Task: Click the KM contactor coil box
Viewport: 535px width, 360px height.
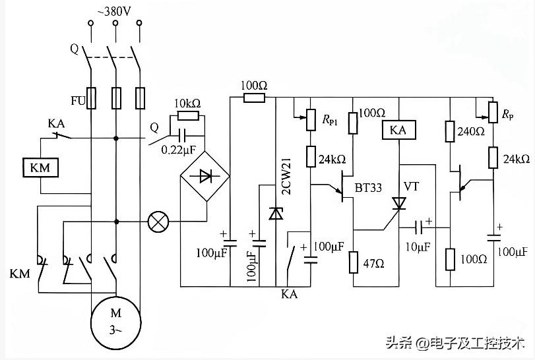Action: [41, 167]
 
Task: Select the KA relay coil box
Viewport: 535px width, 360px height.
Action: [398, 130]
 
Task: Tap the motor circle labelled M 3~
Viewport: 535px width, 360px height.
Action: [115, 322]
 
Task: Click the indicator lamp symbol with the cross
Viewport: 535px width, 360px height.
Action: [158, 222]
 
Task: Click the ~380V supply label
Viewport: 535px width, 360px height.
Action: [114, 12]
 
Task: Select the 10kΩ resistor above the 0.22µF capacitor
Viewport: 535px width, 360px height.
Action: [188, 115]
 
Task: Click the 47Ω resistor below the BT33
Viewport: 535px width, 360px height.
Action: [354, 262]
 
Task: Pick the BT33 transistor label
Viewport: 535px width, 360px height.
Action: [368, 187]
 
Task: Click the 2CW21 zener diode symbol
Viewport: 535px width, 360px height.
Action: [276, 214]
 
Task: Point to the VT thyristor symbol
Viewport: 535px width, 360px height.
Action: [398, 204]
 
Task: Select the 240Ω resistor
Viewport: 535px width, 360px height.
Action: [450, 131]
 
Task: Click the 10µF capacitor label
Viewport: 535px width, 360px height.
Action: [418, 247]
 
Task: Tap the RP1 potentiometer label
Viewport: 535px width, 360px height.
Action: [330, 119]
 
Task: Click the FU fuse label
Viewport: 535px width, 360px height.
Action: [78, 101]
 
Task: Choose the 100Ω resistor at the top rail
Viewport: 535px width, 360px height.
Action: [254, 98]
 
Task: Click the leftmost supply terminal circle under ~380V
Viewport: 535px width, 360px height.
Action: [91, 23]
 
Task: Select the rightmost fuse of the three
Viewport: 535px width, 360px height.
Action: [141, 98]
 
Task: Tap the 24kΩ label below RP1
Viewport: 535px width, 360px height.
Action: [332, 159]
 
